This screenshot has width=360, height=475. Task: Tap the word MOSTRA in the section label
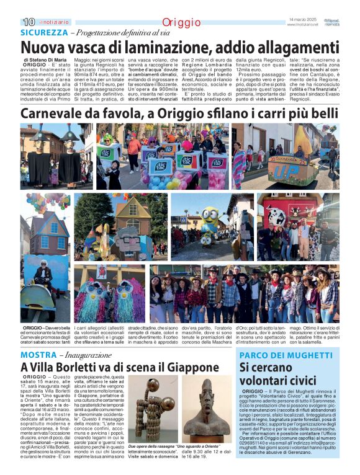(x=38, y=355)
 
